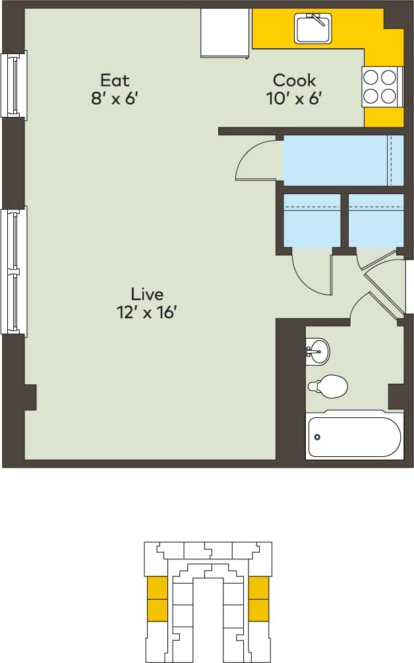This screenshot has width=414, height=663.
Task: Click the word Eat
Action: [x=115, y=81]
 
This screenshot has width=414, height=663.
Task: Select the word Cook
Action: [x=294, y=81]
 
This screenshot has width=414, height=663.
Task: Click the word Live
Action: [x=146, y=294]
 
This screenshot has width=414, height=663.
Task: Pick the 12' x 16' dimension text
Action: [x=146, y=312]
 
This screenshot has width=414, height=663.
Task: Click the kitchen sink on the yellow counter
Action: [x=314, y=28]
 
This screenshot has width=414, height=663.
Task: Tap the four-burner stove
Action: [x=382, y=87]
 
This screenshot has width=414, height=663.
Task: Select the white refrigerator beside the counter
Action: [x=225, y=33]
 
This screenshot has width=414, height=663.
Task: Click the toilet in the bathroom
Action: [x=328, y=386]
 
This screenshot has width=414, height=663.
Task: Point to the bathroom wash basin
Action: [x=318, y=351]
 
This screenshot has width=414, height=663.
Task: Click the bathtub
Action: [x=355, y=436]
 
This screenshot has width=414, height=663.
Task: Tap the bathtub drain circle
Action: [x=318, y=436]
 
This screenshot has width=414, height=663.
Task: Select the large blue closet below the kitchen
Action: [x=343, y=160]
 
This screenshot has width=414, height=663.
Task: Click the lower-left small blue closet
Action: [x=311, y=221]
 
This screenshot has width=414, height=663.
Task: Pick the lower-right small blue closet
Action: [x=376, y=221]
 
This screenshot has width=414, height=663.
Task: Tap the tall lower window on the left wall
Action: [x=14, y=271]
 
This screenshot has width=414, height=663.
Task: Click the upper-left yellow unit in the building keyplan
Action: [x=157, y=587]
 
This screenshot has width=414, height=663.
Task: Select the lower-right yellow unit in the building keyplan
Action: [x=258, y=610]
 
